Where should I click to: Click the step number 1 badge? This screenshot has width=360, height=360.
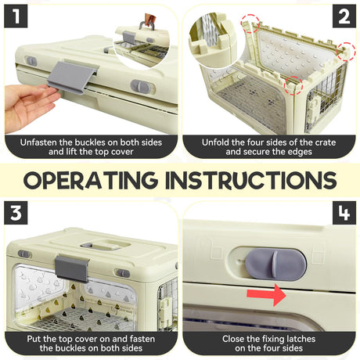pos(16,16)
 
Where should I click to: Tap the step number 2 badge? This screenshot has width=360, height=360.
pos(344,16)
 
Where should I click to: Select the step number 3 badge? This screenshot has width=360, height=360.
pos(16,213)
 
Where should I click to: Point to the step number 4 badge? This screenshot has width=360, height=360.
pos(344,213)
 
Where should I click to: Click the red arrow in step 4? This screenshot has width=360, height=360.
pos(266,295)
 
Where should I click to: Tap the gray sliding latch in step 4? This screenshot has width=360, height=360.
pos(275,265)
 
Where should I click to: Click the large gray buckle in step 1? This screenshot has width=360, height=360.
pos(71,77)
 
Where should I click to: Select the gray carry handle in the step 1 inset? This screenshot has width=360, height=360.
pos(147,25)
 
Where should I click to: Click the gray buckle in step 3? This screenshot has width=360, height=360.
pos(71,268)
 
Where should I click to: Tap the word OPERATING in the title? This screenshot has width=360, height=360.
pos(90,180)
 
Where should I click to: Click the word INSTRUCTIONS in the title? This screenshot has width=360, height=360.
pos(251,180)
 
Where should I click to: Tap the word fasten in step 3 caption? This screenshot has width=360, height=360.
pos(142,339)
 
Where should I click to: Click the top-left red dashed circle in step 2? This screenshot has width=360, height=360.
pos(250,23)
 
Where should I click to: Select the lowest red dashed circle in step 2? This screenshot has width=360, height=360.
pos(293,85)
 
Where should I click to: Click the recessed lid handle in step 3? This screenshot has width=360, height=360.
pos(105,245)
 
